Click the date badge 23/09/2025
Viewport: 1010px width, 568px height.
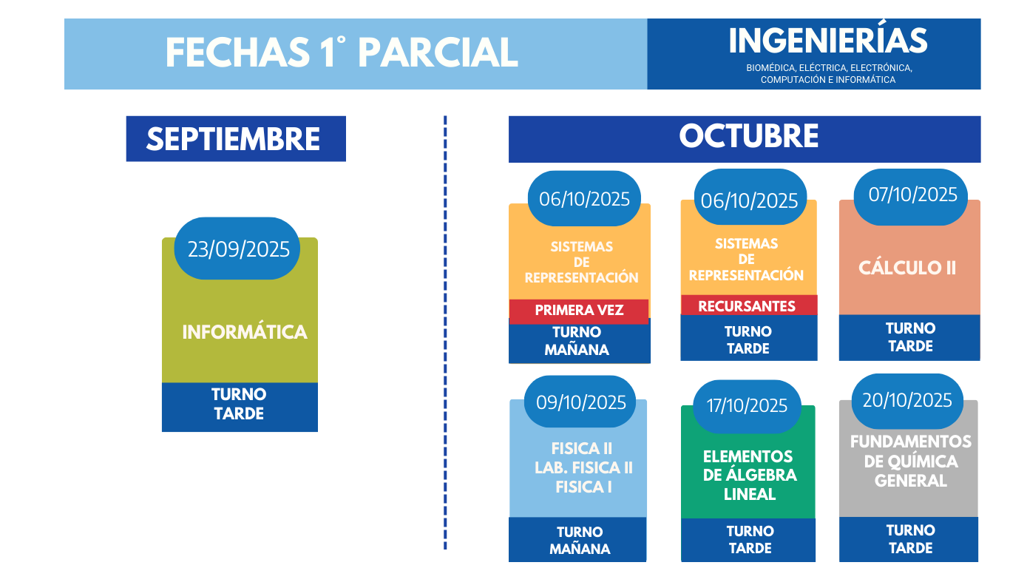pyautogui.click(x=237, y=248)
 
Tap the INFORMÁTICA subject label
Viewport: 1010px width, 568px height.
pyautogui.click(x=245, y=333)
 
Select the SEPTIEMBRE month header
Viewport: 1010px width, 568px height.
pyautogui.click(x=236, y=139)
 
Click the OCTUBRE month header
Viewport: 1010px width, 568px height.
pyautogui.click(x=745, y=139)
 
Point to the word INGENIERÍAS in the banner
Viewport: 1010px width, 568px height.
pyautogui.click(x=828, y=41)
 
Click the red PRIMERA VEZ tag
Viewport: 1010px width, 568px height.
pyautogui.click(x=579, y=311)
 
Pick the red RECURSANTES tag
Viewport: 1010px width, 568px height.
pyautogui.click(x=748, y=306)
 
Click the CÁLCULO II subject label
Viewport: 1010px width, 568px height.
pyautogui.click(x=907, y=268)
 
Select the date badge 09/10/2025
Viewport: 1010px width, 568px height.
pyautogui.click(x=580, y=402)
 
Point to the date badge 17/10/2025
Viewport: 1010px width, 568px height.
pyautogui.click(x=747, y=406)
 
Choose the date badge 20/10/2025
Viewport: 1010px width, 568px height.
pyautogui.click(x=907, y=401)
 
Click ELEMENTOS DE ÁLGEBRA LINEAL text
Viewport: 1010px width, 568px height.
pyautogui.click(x=749, y=476)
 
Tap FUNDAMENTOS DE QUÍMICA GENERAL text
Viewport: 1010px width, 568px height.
pyautogui.click(x=911, y=461)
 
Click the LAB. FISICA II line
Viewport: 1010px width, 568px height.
pyautogui.click(x=583, y=468)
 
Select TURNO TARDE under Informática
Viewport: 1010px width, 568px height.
pyautogui.click(x=239, y=405)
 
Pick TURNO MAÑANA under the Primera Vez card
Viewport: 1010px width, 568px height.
pyautogui.click(x=577, y=341)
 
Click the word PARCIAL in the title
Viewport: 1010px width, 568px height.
pyautogui.click(x=438, y=53)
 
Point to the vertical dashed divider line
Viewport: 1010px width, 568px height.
pyautogui.click(x=445, y=333)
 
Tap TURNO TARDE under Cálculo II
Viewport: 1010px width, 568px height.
pyautogui.click(x=910, y=337)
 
